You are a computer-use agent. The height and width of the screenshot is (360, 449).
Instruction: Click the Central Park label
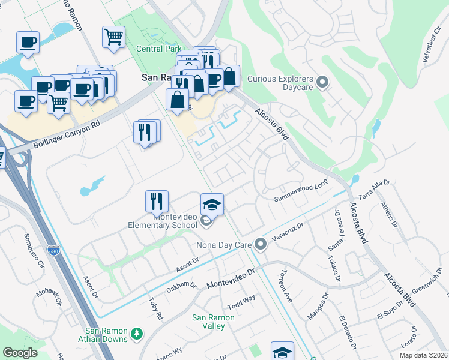[x=158, y=49]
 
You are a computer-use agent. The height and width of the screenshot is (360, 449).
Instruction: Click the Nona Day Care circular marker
[x=261, y=244]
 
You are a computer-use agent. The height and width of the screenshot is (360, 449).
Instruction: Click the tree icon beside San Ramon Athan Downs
[x=137, y=333]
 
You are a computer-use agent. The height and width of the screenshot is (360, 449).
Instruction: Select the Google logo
[x=20, y=353]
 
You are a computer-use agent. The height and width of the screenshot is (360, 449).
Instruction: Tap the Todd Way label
[x=241, y=302]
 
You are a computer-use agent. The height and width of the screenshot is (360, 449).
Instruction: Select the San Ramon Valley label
[x=208, y=322]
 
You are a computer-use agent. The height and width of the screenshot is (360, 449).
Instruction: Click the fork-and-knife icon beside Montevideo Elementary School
[x=157, y=199]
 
